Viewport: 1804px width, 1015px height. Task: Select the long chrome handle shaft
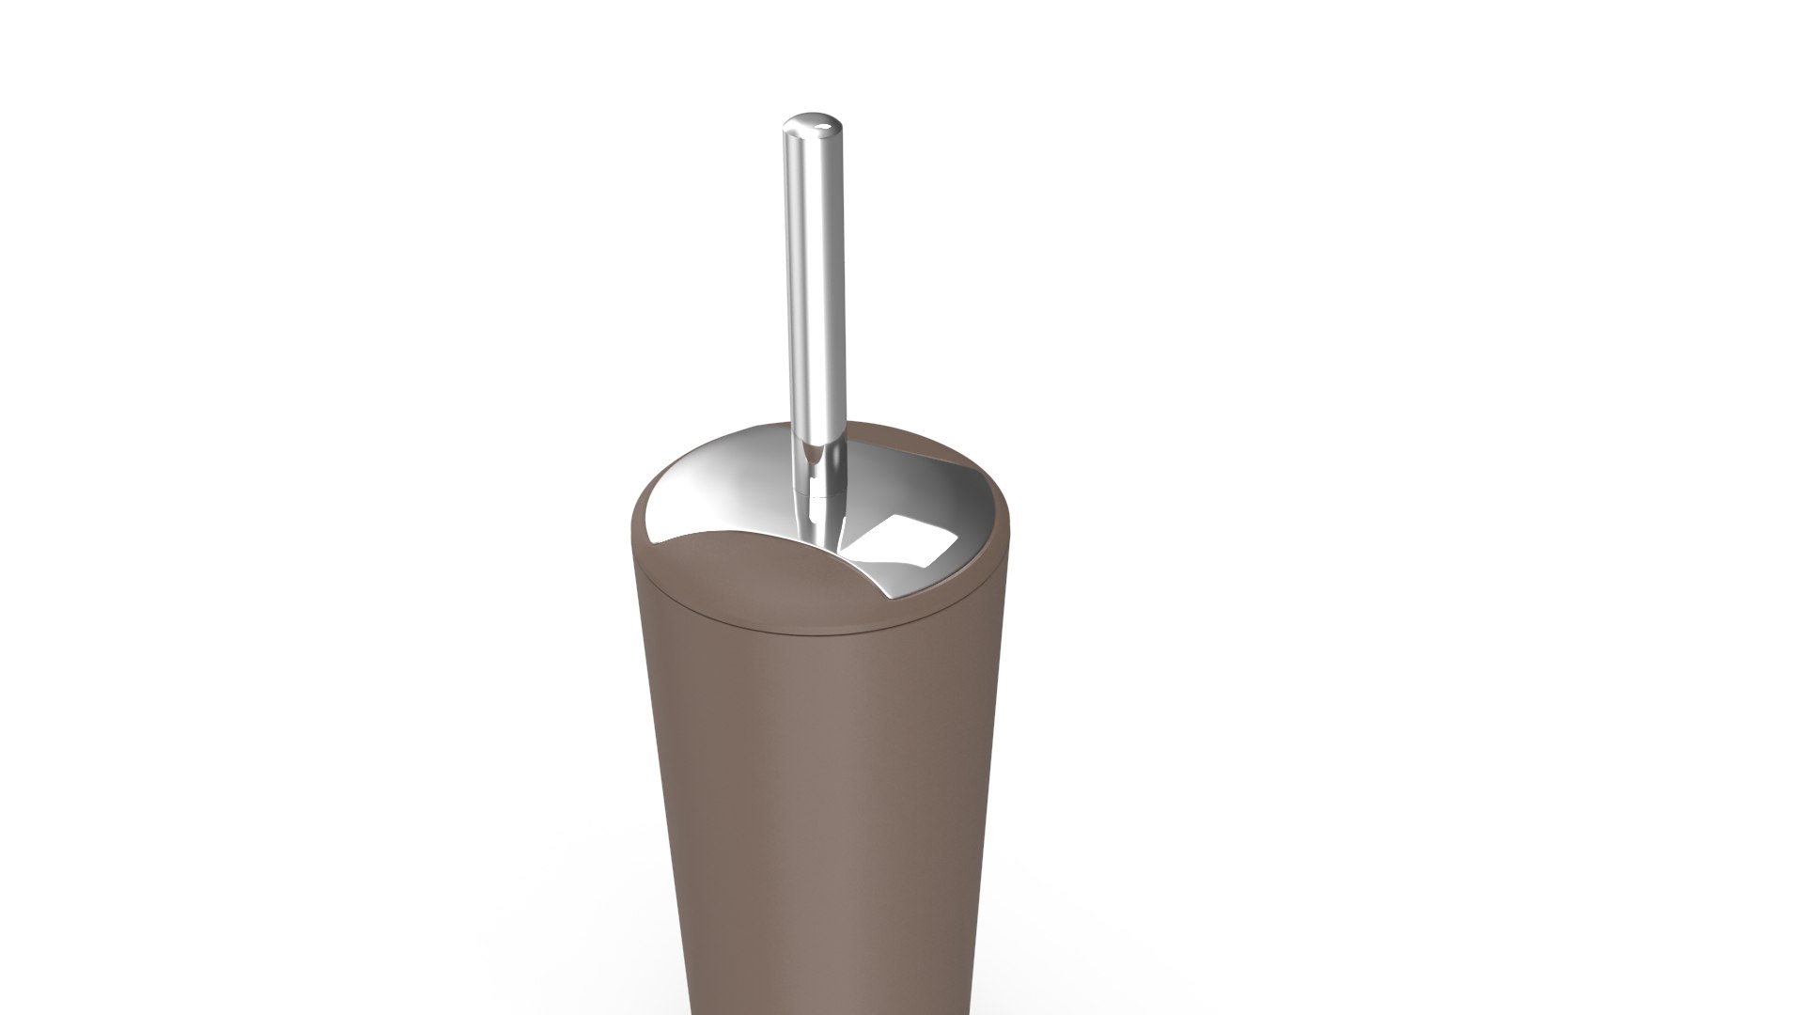tap(814, 282)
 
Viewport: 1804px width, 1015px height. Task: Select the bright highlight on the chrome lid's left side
tap(695, 489)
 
